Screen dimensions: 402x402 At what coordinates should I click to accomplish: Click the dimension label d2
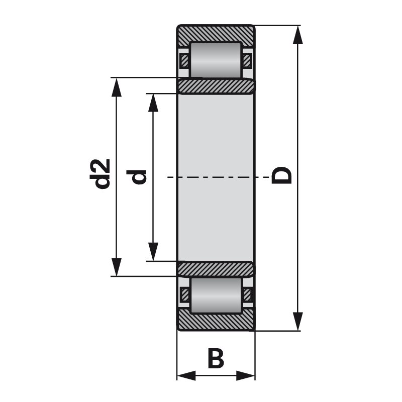click(100, 174)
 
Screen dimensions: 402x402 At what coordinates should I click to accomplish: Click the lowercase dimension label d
click(136, 177)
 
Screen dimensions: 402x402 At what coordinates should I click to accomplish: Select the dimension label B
click(216, 358)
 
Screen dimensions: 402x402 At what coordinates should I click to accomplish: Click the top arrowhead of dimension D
click(297, 35)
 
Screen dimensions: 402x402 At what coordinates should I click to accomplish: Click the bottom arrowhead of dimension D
click(297, 321)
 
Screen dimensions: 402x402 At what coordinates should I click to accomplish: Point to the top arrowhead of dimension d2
click(117, 87)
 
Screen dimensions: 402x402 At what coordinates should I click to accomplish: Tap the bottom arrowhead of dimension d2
click(117, 267)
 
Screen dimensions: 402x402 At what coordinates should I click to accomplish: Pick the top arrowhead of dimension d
click(153, 103)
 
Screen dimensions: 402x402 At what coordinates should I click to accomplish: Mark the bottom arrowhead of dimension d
click(153, 252)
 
